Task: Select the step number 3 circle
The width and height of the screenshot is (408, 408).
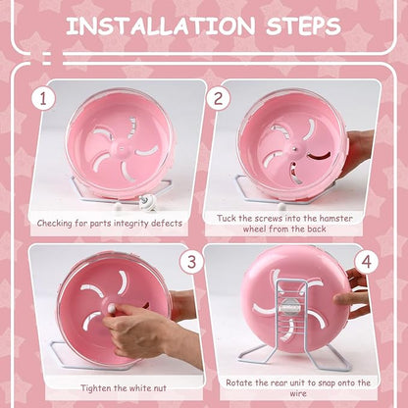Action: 192,262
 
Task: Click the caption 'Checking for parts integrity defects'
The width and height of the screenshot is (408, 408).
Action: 109,223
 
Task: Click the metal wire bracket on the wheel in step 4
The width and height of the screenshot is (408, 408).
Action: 295,309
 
